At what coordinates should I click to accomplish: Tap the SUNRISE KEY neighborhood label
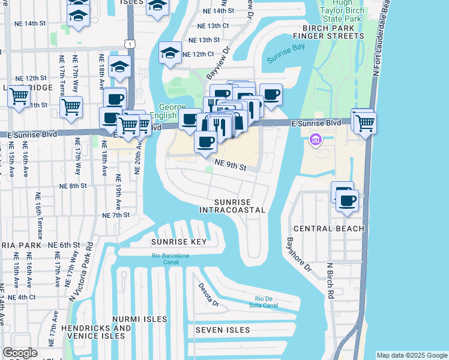[179, 242]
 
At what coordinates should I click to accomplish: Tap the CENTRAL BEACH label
[328, 229]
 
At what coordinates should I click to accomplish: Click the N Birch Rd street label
[330, 280]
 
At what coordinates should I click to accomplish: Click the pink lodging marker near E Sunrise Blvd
[316, 140]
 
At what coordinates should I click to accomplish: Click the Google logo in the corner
[20, 353]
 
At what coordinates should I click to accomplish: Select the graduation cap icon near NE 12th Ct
[170, 54]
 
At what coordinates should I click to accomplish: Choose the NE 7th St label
[116, 215]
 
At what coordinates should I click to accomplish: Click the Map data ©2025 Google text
[411, 355]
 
